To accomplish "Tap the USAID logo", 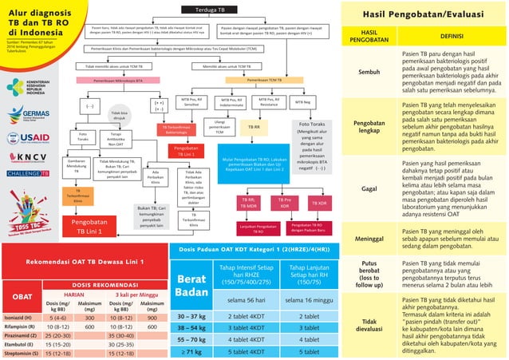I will [x=30, y=136].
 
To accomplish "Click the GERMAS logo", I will [x=30, y=114].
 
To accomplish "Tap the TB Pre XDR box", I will [x=283, y=203].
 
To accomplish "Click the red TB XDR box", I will [x=318, y=204].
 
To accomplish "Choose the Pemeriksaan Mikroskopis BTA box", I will [x=120, y=81].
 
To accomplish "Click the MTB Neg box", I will [x=303, y=102].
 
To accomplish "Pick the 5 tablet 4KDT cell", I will [x=247, y=350].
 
